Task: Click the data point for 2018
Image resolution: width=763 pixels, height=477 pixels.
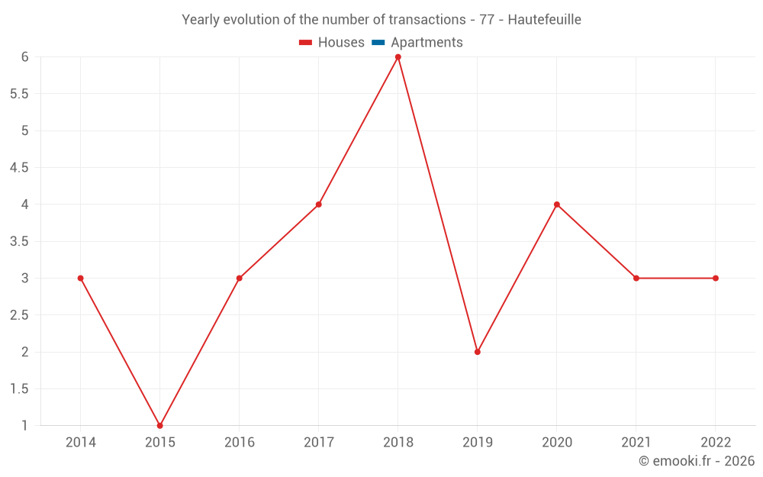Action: tap(398, 57)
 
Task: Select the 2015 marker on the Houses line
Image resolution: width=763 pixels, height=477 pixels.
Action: tap(160, 425)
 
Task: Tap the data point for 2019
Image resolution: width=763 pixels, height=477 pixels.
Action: tap(478, 352)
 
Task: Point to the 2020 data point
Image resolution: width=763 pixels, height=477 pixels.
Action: tap(557, 205)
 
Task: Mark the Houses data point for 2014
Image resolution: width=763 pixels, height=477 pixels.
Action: tap(81, 278)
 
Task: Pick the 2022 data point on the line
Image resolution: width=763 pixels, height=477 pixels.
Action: tap(716, 278)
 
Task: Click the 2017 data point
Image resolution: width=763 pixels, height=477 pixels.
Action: tap(319, 205)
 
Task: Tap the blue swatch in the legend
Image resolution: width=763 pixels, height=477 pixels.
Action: tap(378, 43)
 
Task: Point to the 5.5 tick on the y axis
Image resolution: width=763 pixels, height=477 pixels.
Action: tap(18, 94)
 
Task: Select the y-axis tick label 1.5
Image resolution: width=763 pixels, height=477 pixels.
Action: tap(18, 389)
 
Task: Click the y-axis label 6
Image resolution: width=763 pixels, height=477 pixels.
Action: tap(24, 57)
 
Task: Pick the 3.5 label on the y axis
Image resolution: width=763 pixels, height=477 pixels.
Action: tap(18, 242)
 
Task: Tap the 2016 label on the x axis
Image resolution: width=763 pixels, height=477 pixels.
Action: tap(240, 442)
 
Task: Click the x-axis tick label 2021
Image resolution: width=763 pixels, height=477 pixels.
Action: tap(636, 442)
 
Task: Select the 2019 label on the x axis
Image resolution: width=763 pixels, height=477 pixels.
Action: tap(478, 442)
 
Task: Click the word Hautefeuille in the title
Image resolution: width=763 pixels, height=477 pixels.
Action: tap(544, 20)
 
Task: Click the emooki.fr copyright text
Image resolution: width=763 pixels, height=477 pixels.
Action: tap(697, 461)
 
